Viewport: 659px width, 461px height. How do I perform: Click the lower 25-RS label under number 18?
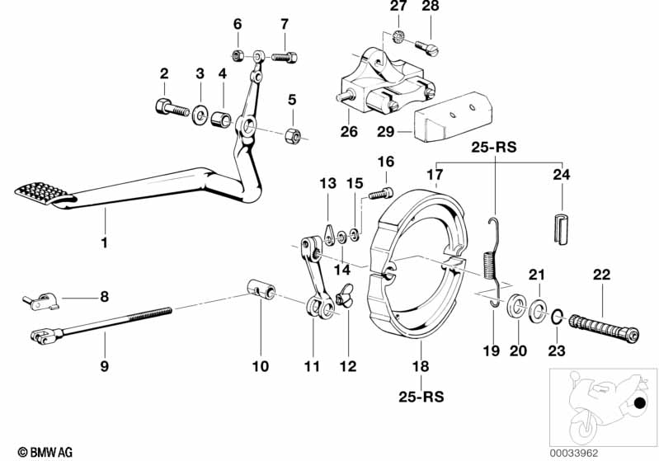click(422, 397)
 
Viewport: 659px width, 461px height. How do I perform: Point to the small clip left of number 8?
click(40, 301)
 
